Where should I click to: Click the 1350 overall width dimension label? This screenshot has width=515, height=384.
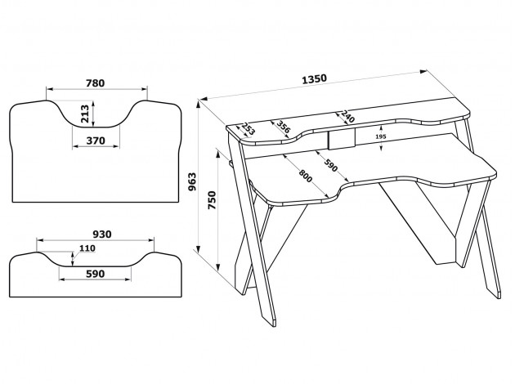pyautogui.click(x=314, y=79)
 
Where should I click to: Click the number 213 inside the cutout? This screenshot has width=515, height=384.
pyautogui.click(x=86, y=113)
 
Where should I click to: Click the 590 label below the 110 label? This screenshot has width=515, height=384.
pyautogui.click(x=95, y=275)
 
